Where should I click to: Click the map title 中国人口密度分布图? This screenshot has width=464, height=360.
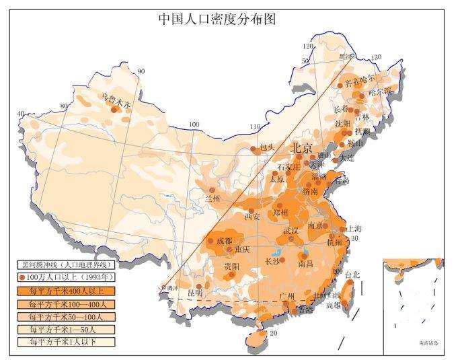217,19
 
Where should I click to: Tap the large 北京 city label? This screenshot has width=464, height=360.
301,148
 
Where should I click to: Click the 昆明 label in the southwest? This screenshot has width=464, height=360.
194,293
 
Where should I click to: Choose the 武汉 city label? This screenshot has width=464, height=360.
291,231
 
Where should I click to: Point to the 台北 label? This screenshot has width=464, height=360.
352,275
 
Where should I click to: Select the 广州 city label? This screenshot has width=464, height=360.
286,296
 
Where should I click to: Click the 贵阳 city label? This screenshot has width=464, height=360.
231,267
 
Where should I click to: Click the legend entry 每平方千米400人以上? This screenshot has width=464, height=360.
67,291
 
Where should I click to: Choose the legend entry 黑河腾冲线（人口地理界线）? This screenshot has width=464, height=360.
67,265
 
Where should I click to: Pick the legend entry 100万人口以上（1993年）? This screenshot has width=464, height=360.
67,278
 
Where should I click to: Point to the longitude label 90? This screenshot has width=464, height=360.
141,71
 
